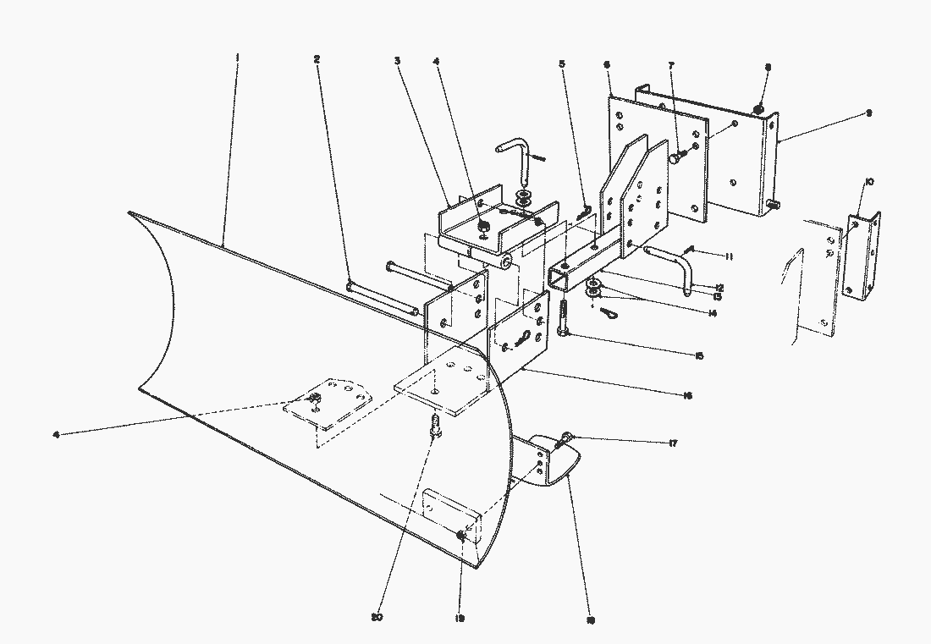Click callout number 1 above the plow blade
pos(238,58)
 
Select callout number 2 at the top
pos(317,59)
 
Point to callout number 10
pos(869,182)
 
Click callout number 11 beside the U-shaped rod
pos(726,255)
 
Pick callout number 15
pos(699,356)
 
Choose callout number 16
pos(687,395)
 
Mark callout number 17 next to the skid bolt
pos(673,443)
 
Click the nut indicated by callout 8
pos(759,108)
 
